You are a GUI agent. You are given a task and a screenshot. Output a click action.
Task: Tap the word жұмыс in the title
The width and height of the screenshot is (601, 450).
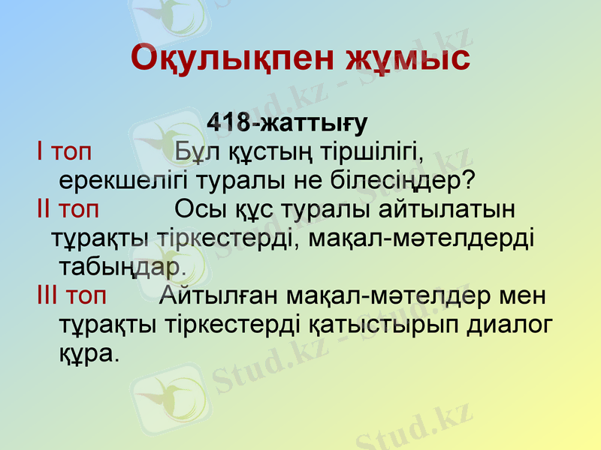pyautogui.click(x=409, y=58)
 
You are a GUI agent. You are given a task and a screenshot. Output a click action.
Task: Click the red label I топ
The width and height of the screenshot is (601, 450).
pyautogui.click(x=64, y=151)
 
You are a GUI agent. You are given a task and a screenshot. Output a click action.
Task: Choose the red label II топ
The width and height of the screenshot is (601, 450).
pyautogui.click(x=68, y=208)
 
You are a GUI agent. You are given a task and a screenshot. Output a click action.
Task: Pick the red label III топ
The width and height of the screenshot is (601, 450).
pyautogui.click(x=71, y=295)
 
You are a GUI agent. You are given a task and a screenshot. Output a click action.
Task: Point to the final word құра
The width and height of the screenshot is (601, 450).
pyautogui.click(x=89, y=352)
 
